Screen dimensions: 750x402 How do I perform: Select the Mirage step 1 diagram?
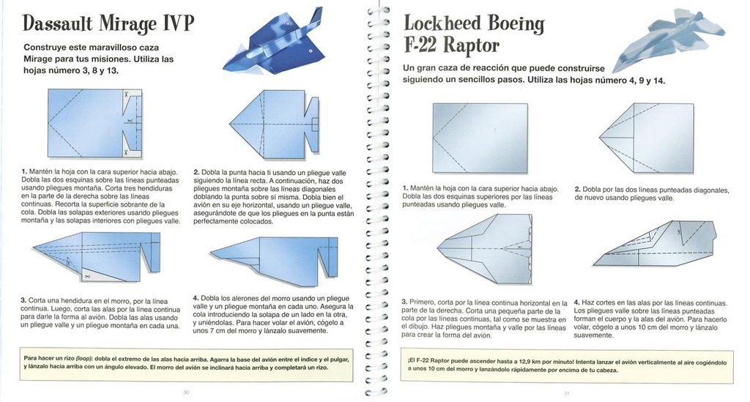tap(94, 123)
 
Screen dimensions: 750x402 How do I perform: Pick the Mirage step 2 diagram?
tap(275, 124)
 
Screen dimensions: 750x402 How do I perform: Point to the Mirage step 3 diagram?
tap(97, 257)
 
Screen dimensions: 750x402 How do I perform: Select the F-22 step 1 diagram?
tap(480, 138)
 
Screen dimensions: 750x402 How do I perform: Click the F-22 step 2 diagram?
tap(647, 138)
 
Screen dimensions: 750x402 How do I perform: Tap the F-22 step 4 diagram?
tap(655, 243)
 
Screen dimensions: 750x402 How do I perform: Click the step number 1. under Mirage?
tap(24, 171)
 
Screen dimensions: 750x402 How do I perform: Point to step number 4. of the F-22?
tap(577, 302)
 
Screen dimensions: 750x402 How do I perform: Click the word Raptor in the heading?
tap(471, 45)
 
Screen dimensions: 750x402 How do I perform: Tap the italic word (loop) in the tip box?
tap(85, 358)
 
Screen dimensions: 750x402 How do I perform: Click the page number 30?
tap(186, 392)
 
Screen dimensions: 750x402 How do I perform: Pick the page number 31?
tap(567, 393)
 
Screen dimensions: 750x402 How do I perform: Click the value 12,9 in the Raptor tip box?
tap(509, 362)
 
